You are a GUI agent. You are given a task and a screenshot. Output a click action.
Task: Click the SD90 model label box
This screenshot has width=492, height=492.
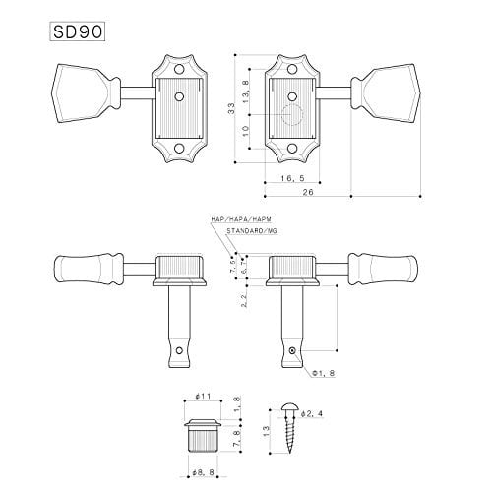coord(78,31)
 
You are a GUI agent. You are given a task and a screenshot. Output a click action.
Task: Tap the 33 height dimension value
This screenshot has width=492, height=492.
coord(232,108)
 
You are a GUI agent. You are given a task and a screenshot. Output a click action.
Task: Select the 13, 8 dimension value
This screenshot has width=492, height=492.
coord(246,92)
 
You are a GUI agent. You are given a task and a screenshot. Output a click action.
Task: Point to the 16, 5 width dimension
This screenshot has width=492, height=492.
coord(292,178)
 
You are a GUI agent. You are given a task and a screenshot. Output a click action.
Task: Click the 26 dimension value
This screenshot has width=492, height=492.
coord(308,192)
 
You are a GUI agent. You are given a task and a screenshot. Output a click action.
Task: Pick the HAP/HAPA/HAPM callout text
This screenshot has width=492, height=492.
coord(241,218)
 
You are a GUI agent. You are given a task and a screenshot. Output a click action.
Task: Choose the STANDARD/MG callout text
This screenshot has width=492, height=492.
coord(252,231)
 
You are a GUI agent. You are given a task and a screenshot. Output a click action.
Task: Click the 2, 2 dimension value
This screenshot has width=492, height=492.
coord(244,300)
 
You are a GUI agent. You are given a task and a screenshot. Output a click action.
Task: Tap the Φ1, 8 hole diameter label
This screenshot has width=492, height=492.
coord(324,373)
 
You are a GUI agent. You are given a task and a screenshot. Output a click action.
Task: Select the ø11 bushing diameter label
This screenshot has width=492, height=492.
coord(203,397)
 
